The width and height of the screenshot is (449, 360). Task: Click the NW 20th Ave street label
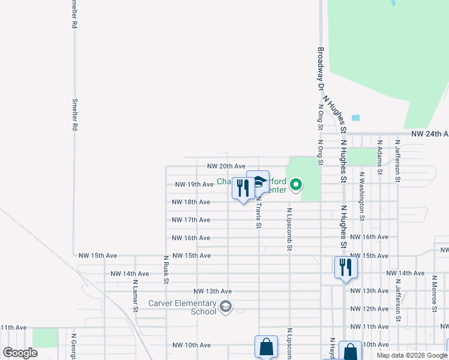226,166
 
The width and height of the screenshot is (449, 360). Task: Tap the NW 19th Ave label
194,184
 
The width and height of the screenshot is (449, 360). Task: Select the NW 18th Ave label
191,202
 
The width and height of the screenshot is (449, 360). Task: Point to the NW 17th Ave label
191,220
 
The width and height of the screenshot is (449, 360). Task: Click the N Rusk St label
166,269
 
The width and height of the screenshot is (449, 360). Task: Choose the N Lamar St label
136,295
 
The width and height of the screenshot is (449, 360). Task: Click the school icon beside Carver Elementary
225,307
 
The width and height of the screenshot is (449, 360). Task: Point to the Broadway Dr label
321,69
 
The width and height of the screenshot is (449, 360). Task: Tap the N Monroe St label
434,294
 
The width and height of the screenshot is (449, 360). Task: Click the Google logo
20,353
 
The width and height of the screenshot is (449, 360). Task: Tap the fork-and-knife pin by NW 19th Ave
243,188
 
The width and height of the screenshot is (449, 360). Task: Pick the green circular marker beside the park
296,186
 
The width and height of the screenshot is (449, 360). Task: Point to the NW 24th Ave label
429,134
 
